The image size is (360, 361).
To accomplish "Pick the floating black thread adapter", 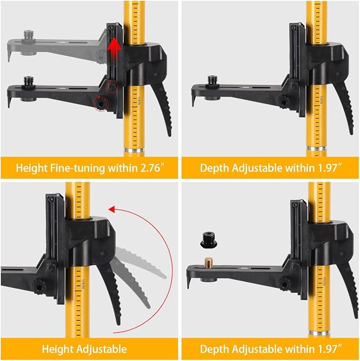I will click(207, 239).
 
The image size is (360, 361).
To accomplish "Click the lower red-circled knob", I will click(99, 103).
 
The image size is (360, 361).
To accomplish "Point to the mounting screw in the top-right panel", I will click(212, 81).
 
